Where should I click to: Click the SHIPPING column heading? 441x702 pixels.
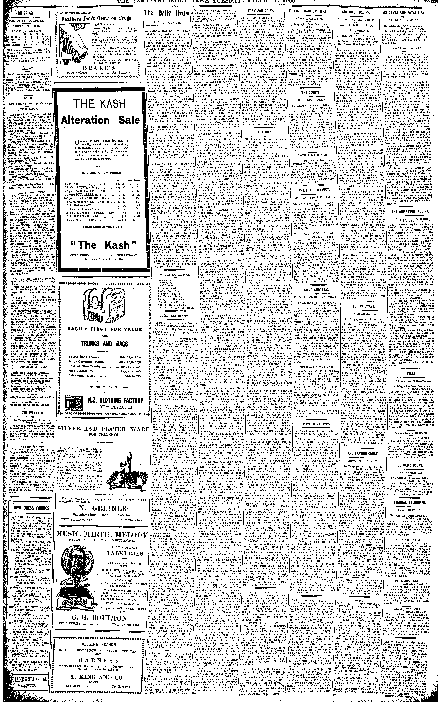(25, 13)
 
